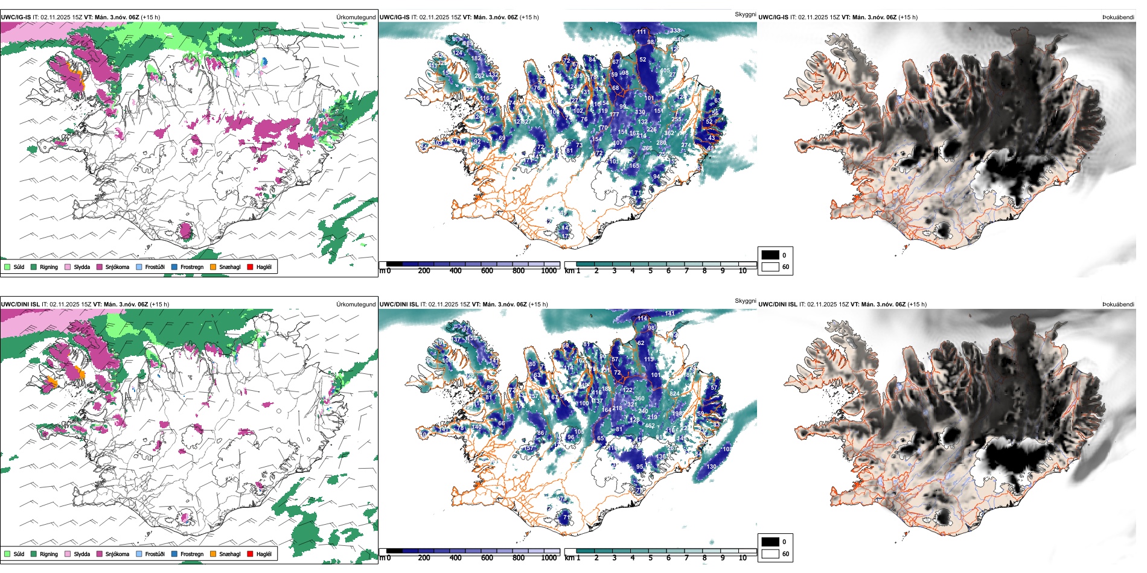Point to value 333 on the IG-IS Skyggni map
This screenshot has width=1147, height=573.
pyautogui.click(x=675, y=30)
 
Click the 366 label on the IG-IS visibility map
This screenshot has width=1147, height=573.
pyautogui.click(x=647, y=148)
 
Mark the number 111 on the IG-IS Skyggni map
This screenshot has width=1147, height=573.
pyautogui.click(x=641, y=31)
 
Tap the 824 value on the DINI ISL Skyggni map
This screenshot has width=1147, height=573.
pyautogui.click(x=674, y=393)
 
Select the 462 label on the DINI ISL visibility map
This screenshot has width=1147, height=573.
pyautogui.click(x=650, y=426)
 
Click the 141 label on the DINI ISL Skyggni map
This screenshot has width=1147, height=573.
pyautogui.click(x=669, y=314)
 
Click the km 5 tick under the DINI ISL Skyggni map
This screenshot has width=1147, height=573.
pyautogui.click(x=650, y=558)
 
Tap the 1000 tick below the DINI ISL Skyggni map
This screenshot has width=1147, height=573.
pyautogui.click(x=549, y=558)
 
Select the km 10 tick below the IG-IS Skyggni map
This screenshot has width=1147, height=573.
pyautogui.click(x=743, y=271)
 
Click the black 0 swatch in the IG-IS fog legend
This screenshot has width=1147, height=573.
pyautogui.click(x=770, y=255)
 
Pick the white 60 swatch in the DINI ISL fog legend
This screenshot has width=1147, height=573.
pyautogui.click(x=770, y=554)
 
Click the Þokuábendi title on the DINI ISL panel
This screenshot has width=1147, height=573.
pyautogui.click(x=1118, y=305)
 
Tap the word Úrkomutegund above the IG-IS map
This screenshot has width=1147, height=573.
pyautogui.click(x=356, y=17)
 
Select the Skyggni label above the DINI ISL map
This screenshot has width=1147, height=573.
pyautogui.click(x=745, y=300)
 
